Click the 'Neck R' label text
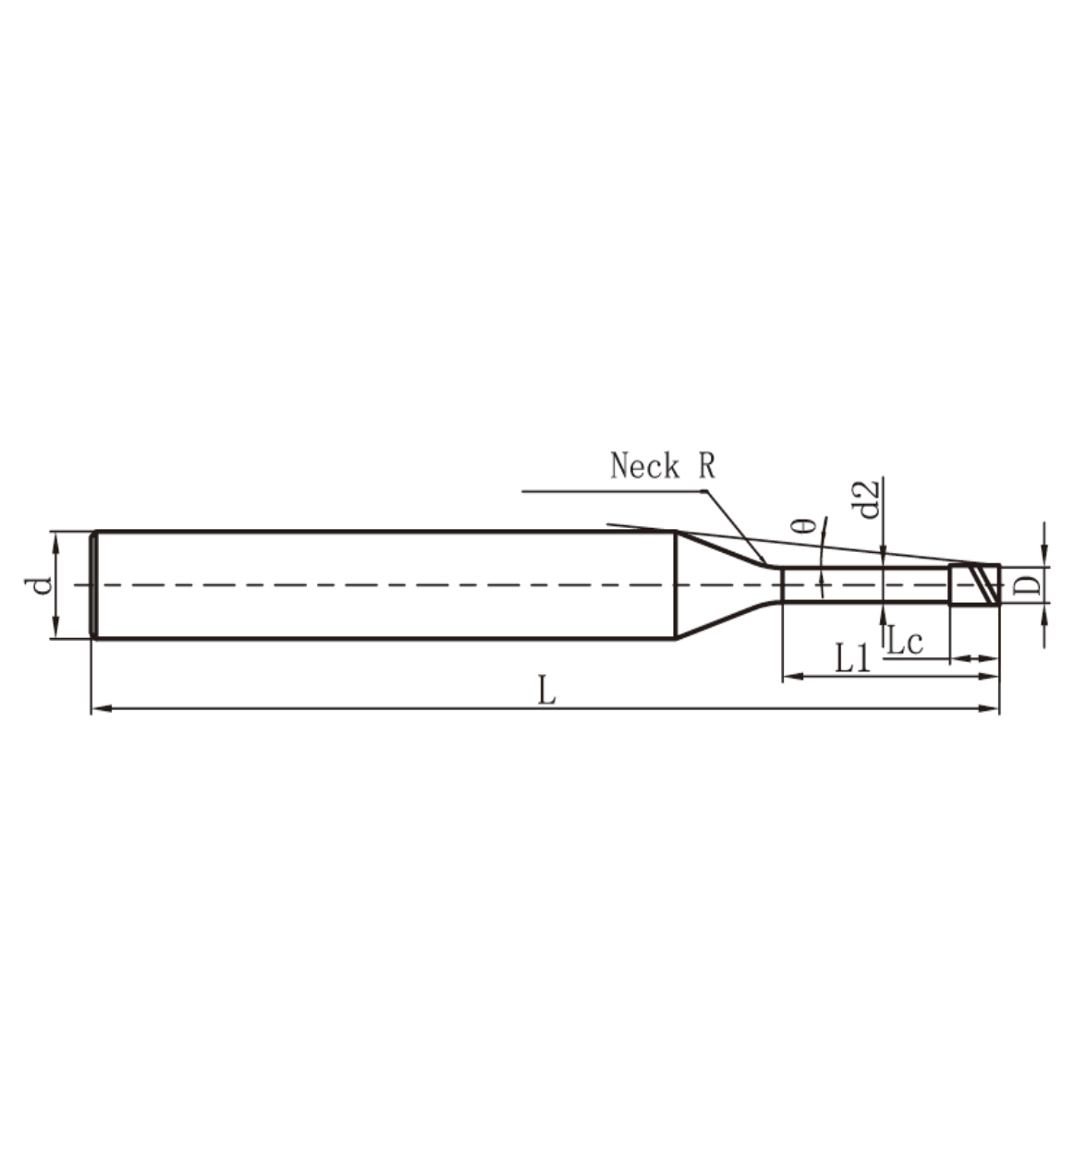pos(662,466)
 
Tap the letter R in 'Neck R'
pos(706,466)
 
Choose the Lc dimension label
pos(905,642)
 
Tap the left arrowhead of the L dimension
pos(100,708)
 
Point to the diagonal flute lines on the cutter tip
pos(983,584)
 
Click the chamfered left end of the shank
pos(94,584)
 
